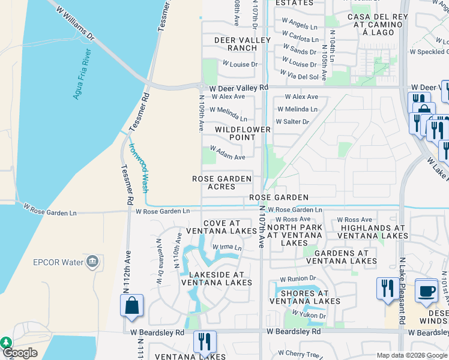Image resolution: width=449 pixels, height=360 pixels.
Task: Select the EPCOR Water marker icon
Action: tap(92, 262)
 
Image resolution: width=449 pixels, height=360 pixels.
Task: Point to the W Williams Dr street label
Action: tap(75, 24)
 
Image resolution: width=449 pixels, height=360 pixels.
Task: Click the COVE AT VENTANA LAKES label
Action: tap(222, 227)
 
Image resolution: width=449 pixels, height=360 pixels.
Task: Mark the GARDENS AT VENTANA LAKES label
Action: tap(342, 256)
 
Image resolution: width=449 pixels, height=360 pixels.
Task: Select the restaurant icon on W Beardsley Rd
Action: tap(205, 341)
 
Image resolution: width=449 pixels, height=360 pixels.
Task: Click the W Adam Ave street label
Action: tap(227, 157)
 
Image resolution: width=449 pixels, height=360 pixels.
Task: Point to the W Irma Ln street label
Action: tap(226, 247)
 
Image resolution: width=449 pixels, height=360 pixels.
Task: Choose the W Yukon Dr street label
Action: tap(309, 316)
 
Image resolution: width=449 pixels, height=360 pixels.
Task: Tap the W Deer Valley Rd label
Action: tap(239, 88)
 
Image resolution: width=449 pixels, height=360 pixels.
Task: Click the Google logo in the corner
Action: tap(20, 353)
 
